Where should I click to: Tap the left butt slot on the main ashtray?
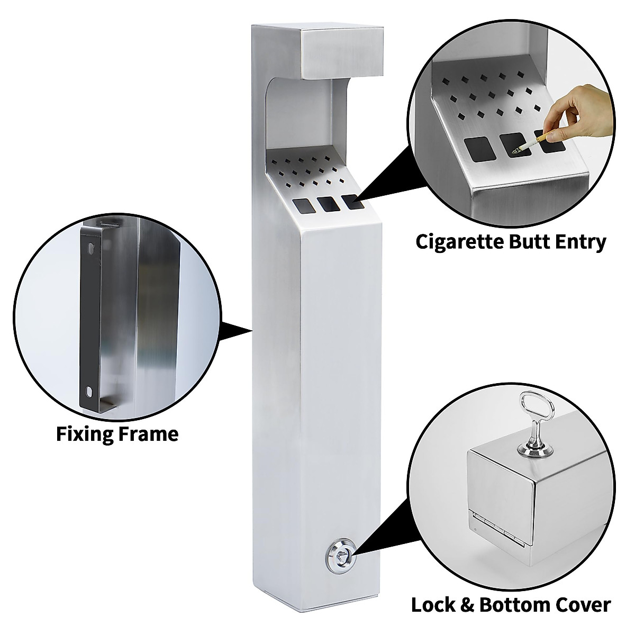click(x=302, y=204)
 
